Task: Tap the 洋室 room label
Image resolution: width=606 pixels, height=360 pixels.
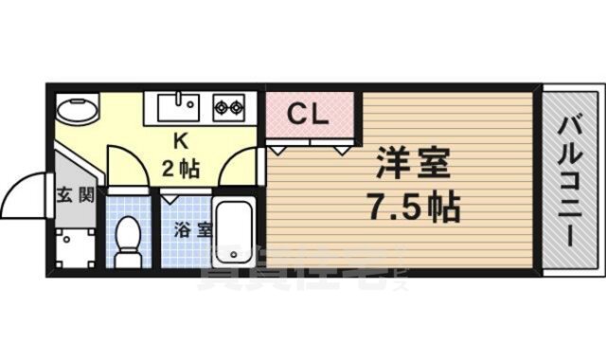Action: click(x=411, y=165)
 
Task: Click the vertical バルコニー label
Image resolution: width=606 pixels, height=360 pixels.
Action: click(x=569, y=179)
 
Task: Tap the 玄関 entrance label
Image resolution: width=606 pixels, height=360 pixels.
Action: click(x=72, y=197)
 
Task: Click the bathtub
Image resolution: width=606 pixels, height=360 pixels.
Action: click(x=234, y=232)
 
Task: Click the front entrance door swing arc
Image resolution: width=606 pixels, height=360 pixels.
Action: click(x=21, y=194)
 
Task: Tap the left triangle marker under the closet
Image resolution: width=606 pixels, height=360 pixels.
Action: click(x=278, y=149)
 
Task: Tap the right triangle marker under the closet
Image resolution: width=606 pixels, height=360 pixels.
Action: click(x=341, y=149)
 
